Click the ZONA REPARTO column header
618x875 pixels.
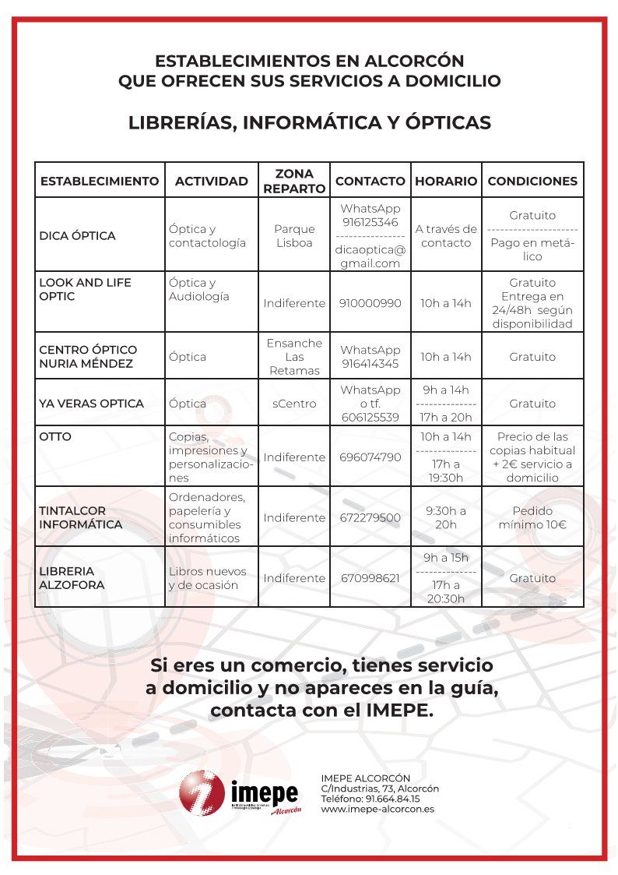point(294,181)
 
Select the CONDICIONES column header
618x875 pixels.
point(532,181)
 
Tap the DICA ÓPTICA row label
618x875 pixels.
point(77,235)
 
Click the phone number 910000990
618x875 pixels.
point(370,303)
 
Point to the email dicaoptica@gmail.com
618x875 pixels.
point(370,256)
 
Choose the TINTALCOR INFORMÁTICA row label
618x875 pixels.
point(80,517)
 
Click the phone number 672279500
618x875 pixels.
point(370,517)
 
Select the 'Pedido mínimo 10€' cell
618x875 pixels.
point(532,517)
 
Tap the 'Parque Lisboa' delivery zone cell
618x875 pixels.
point(294,235)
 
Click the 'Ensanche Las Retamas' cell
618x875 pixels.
point(294,357)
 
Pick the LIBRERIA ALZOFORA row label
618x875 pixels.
point(72,577)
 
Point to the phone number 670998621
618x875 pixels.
point(370,578)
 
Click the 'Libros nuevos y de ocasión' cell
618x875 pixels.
point(207,577)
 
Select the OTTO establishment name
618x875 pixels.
point(55,436)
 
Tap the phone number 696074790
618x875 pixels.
point(370,457)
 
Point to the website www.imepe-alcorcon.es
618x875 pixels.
point(377,809)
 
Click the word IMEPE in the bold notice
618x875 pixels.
point(397,711)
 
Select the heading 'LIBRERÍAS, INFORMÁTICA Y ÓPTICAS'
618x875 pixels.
point(309,123)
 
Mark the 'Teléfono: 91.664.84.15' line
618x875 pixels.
point(370,799)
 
